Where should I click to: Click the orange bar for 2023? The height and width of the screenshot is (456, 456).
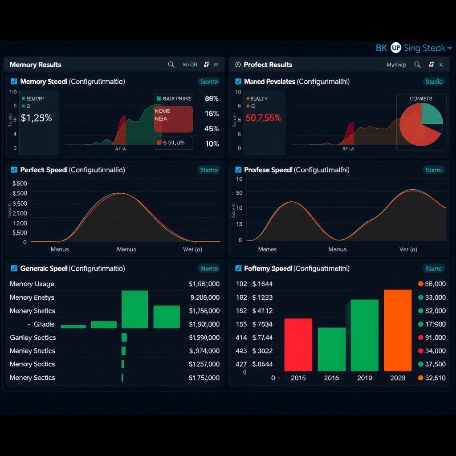pos(397,330)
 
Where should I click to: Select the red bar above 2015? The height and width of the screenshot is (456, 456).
pos(298,345)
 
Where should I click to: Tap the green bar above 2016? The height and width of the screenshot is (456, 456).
pos(331,349)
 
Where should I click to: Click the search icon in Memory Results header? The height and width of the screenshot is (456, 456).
pos(171,65)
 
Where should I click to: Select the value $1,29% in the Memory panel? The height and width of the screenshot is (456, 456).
pos(36,118)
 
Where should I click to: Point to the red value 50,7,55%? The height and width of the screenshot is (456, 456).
pos(263,118)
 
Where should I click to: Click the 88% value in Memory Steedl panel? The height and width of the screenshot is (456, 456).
pos(212,98)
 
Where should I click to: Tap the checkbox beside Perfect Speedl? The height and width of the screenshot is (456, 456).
pos(14,170)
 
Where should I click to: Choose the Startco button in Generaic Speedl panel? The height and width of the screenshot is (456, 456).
pos(209,269)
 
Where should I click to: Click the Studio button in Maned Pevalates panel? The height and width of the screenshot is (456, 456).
pos(434,81)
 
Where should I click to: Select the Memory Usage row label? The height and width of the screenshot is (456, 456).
pos(32,284)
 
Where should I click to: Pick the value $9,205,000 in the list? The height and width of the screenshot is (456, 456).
pos(204,297)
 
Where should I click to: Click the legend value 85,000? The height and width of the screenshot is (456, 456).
pos(435,284)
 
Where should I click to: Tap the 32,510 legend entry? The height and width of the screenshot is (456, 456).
pos(435,378)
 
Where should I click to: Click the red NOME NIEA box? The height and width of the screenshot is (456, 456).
pos(173,119)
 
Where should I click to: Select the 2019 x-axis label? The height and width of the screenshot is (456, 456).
pos(364,378)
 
